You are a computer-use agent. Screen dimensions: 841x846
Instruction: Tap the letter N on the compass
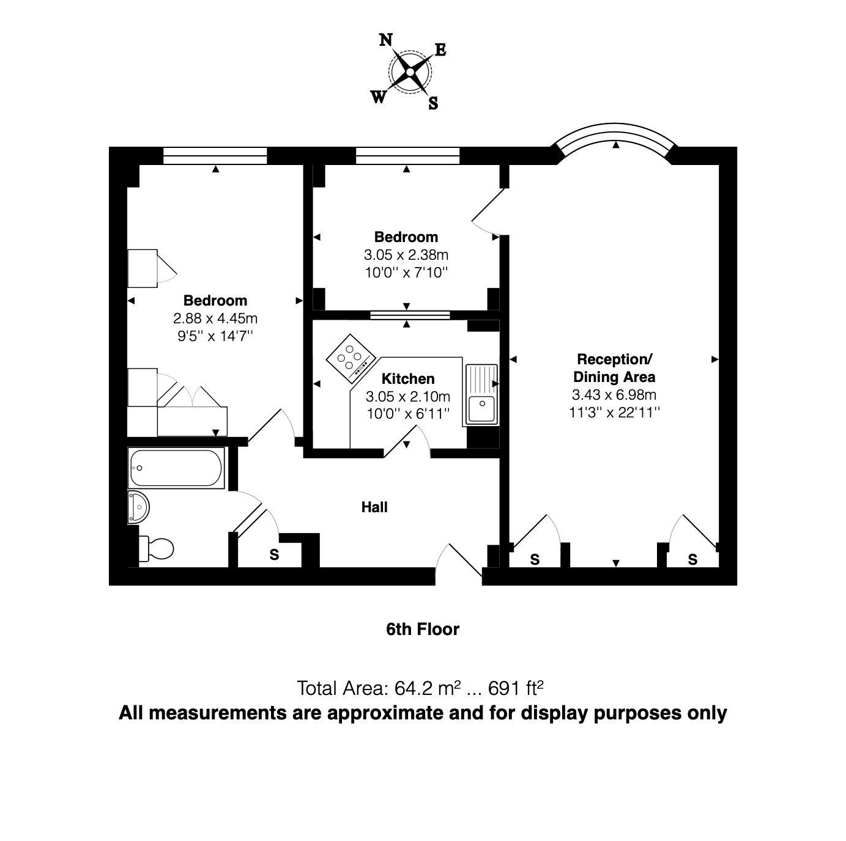point(385,40)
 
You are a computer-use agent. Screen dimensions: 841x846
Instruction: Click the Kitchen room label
point(408,378)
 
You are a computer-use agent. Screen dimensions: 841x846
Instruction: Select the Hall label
point(374,507)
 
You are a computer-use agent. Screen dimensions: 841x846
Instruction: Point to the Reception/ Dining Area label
point(614,368)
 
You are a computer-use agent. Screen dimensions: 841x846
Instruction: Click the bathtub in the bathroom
point(176,468)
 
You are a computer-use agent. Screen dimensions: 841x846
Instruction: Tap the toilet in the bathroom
point(157,548)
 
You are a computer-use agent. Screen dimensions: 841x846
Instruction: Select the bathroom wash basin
point(138,507)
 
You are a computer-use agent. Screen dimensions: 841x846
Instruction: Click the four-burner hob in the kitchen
point(351,358)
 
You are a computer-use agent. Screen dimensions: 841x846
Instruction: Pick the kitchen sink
point(482,395)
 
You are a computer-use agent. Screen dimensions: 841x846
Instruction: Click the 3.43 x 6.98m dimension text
point(614,395)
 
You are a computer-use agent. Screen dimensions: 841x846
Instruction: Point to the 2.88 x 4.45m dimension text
point(215,318)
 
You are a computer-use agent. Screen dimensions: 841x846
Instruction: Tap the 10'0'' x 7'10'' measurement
point(406,272)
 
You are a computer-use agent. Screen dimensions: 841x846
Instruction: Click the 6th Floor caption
point(422,629)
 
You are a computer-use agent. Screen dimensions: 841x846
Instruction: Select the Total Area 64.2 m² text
point(420,688)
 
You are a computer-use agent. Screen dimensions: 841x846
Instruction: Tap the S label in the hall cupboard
point(275,555)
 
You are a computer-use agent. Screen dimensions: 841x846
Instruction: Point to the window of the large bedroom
point(215,156)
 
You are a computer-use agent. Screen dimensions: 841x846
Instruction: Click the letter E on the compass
point(440,50)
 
